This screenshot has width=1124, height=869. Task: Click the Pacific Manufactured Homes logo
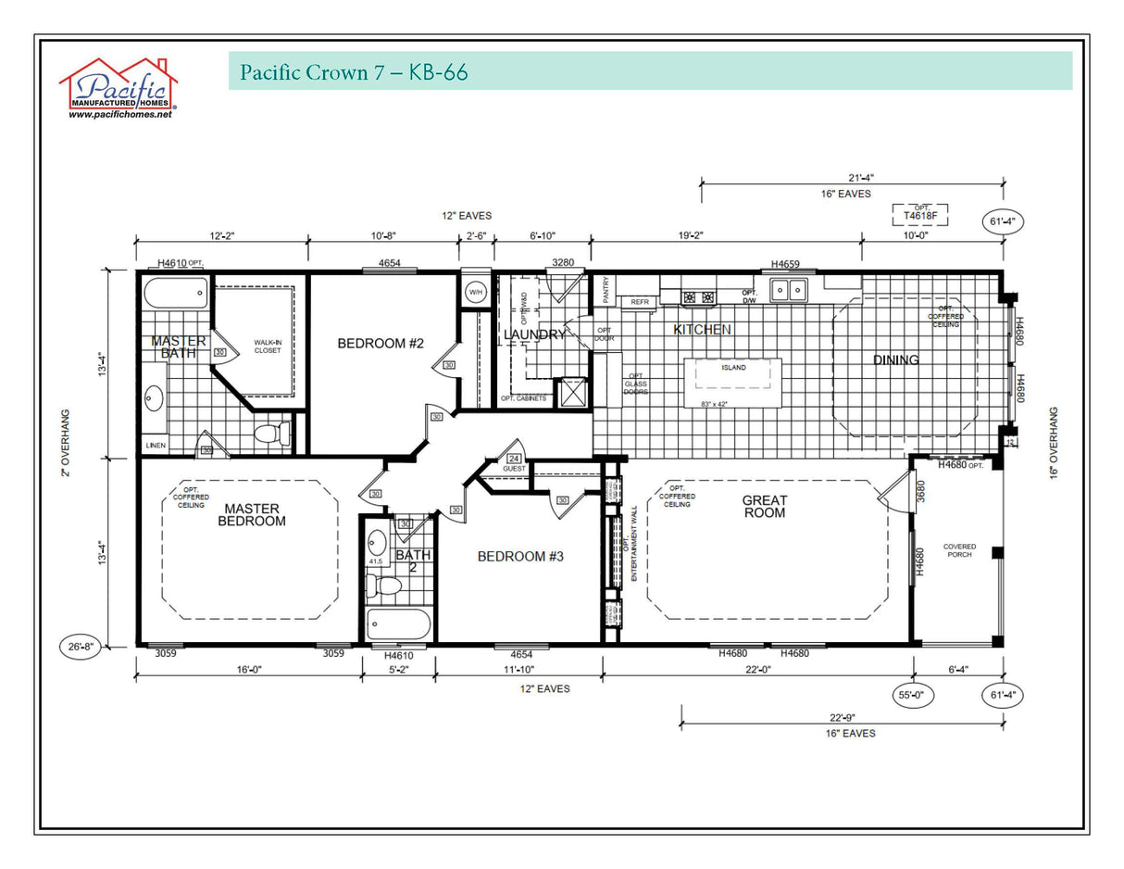click(x=119, y=89)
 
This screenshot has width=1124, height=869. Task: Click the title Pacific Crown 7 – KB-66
click(x=354, y=72)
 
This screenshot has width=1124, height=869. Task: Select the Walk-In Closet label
click(x=268, y=346)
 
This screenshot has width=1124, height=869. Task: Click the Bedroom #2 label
click(x=380, y=344)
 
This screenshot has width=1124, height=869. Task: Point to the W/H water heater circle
click(x=476, y=293)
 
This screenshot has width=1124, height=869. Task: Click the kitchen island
click(x=733, y=383)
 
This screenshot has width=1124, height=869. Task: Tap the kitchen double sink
click(x=788, y=291)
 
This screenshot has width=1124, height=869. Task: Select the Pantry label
click(x=606, y=291)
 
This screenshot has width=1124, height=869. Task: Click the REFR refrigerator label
click(x=640, y=302)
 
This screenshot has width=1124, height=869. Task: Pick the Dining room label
click(x=895, y=359)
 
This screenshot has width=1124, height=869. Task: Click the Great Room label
click(x=765, y=506)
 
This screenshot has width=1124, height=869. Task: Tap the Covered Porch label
click(x=959, y=551)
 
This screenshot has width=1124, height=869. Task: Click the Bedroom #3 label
click(x=520, y=556)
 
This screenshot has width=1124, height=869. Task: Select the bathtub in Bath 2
click(x=398, y=624)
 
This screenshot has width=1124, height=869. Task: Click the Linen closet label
click(x=155, y=447)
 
